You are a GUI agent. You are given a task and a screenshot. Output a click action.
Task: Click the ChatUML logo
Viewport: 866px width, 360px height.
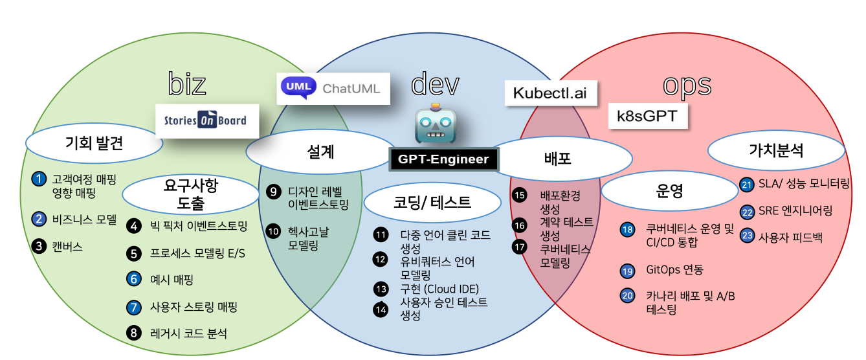[x=333, y=89]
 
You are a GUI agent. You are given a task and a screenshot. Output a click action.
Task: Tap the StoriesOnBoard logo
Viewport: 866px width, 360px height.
[x=207, y=121]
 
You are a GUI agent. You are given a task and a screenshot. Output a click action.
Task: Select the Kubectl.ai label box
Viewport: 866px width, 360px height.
[x=551, y=93]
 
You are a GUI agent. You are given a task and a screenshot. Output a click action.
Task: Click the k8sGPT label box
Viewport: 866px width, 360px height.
[x=648, y=116]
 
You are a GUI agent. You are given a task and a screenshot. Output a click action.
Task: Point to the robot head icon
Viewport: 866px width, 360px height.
[x=436, y=124]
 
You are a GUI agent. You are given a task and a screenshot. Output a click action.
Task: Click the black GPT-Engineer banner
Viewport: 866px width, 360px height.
[x=444, y=159]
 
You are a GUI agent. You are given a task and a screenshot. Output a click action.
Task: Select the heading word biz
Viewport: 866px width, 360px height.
[x=187, y=84]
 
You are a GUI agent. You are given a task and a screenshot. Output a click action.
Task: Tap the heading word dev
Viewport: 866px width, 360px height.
[x=435, y=84]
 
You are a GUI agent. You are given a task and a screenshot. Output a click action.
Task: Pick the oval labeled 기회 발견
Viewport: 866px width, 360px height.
[x=94, y=143]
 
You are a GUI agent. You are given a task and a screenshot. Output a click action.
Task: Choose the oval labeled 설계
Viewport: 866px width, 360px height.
[x=321, y=152]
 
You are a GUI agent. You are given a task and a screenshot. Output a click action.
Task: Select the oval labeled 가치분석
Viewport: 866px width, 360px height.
[x=776, y=150]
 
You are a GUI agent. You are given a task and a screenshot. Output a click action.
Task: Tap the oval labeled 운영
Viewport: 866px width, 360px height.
[x=670, y=191]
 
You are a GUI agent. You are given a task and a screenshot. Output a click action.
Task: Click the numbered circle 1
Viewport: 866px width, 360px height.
[x=39, y=179]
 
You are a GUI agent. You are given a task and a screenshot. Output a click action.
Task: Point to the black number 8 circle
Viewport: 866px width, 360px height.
[x=134, y=333]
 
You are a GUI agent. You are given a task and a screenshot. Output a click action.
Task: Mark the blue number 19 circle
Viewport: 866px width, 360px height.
[x=627, y=271]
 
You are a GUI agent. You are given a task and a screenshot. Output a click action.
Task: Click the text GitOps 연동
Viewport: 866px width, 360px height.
[x=674, y=269]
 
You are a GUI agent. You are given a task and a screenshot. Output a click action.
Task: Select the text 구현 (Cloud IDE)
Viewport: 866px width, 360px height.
[x=439, y=289]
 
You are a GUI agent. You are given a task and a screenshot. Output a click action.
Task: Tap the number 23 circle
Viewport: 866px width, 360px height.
[x=748, y=236]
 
